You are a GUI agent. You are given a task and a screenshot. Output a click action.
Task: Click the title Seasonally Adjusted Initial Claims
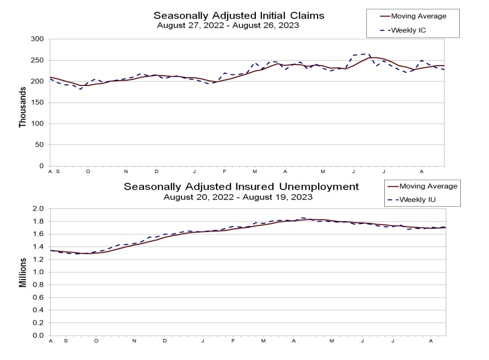[239, 15]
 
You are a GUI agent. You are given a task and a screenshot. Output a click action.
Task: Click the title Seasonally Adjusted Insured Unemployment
[241, 186]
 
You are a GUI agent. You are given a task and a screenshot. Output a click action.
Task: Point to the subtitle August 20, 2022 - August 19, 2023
[238, 197]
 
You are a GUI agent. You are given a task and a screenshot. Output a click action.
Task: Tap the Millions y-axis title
[23, 272]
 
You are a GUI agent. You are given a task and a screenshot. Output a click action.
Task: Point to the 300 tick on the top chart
[37, 39]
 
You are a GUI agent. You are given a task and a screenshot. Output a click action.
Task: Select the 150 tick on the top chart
[37, 103]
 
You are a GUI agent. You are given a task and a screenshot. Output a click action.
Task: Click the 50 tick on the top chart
[39, 145]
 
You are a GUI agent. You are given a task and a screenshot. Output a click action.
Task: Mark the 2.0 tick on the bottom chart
[37, 209]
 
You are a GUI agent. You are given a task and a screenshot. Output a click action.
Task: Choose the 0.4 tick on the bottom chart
[37, 310]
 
